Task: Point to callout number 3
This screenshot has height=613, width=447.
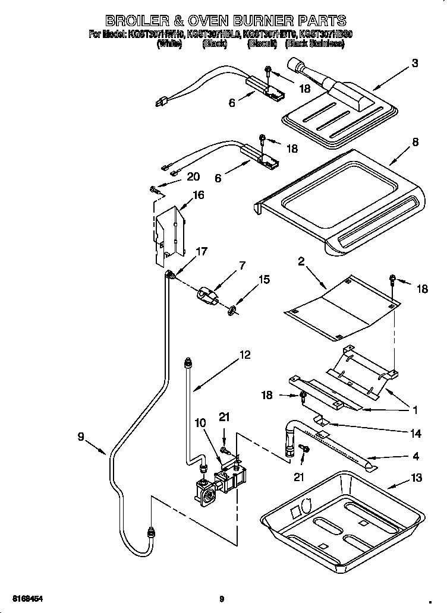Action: pos(415,64)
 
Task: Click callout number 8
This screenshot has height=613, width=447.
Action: pos(415,142)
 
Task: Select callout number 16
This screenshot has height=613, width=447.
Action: pos(198,195)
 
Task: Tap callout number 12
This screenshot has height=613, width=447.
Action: pos(245,355)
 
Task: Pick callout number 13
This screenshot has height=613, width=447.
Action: pos(415,478)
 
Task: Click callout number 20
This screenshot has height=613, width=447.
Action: pos(193,176)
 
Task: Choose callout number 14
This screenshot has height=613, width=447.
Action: pos(415,434)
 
